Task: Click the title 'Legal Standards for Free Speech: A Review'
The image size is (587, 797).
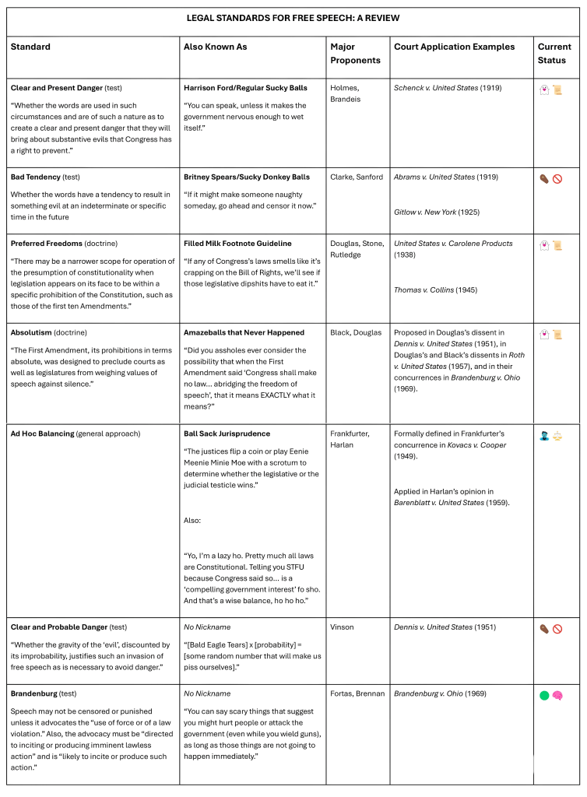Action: (x=293, y=18)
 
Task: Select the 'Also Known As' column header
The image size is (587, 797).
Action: (x=215, y=47)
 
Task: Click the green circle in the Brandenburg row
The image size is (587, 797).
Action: (x=544, y=695)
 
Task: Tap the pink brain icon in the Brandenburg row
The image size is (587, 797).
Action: (x=558, y=695)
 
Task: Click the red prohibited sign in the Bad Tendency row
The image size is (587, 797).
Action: (x=557, y=178)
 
